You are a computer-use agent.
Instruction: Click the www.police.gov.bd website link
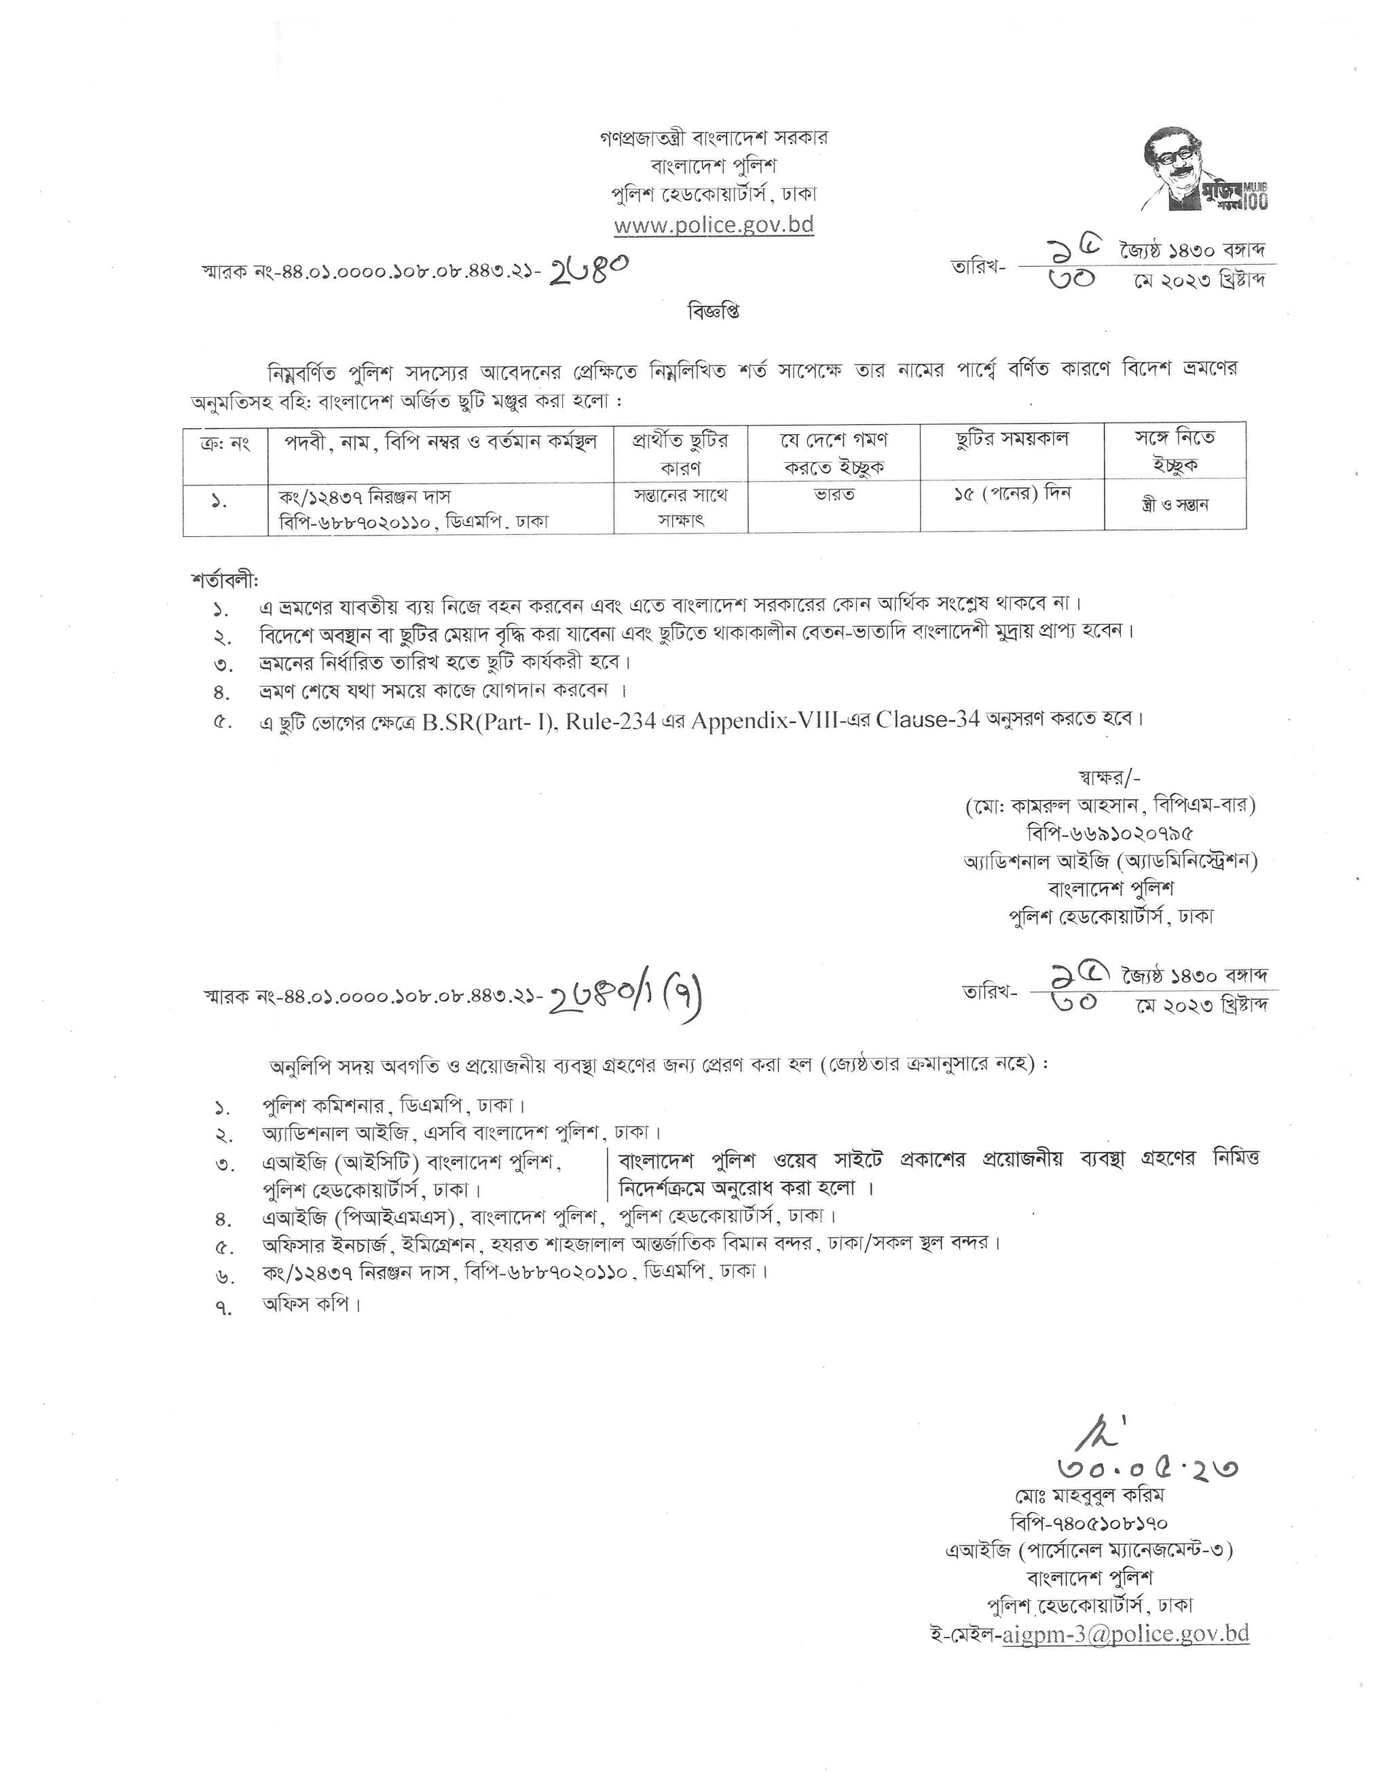click(714, 225)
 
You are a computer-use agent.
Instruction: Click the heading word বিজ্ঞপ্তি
click(713, 313)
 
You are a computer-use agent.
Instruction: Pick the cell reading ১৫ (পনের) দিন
click(1012, 495)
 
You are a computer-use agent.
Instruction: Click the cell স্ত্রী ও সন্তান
click(1174, 504)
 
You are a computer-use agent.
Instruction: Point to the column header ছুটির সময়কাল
click(1012, 439)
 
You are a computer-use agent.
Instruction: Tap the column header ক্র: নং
click(225, 444)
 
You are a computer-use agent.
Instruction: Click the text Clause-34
click(927, 719)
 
